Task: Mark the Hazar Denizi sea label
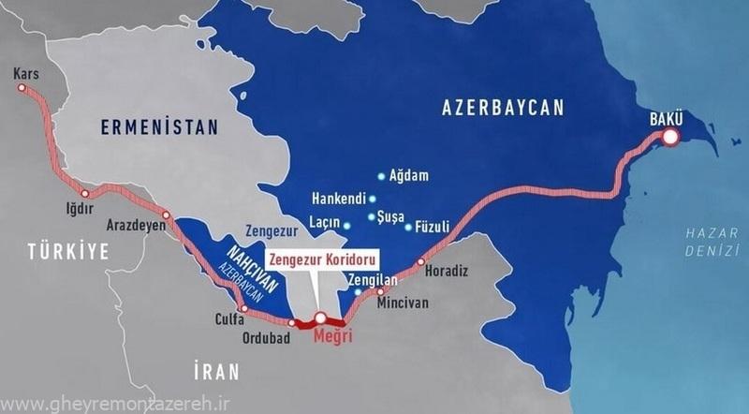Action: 704,237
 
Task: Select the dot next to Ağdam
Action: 380,175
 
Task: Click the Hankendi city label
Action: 339,199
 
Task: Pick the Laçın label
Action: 323,225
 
